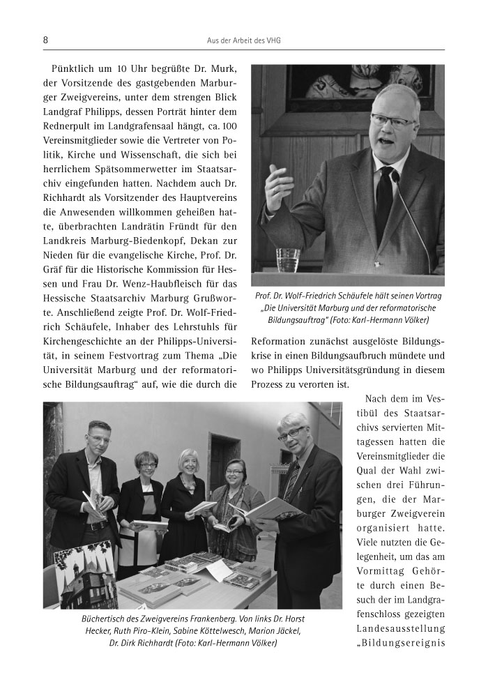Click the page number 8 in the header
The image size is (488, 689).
point(45,40)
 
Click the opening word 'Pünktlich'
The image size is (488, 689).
point(75,70)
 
